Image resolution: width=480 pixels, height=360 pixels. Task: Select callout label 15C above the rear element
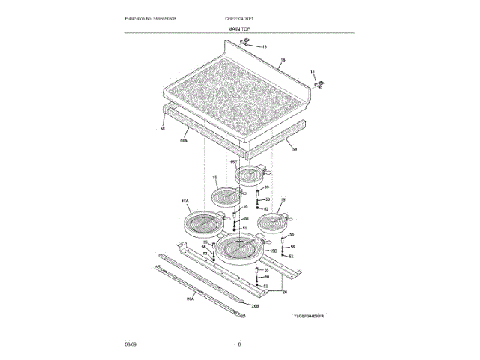[x=233, y=162]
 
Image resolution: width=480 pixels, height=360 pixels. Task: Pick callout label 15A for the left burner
[x=184, y=202]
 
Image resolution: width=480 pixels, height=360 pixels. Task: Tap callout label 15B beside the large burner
[x=274, y=250]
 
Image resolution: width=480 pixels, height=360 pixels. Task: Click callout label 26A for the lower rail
[x=190, y=298]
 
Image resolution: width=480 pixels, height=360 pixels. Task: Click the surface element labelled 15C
[x=250, y=175]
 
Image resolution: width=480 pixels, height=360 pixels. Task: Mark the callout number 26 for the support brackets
[x=284, y=292]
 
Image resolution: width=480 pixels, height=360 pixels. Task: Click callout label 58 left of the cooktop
[x=162, y=129]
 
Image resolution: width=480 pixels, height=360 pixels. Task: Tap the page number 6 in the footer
[x=238, y=343]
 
